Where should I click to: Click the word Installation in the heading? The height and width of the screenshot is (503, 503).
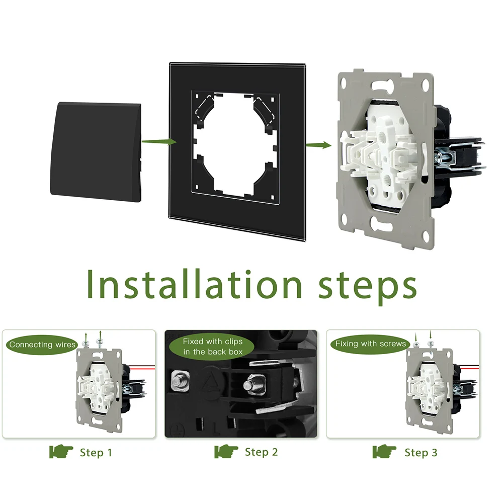(x=194, y=284)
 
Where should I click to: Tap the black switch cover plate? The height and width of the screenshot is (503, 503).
(x=96, y=152)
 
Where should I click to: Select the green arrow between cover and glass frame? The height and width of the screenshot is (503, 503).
(x=159, y=142)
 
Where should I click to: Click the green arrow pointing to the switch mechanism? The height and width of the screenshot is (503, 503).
(x=318, y=145)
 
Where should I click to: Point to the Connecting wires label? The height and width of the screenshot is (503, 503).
(x=42, y=345)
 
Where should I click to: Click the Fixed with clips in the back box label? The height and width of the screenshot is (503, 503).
(x=213, y=347)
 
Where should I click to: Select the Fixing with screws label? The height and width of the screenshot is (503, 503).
(x=371, y=344)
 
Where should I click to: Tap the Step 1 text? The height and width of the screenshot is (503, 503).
(x=96, y=453)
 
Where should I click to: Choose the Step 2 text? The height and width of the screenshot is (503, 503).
(x=261, y=452)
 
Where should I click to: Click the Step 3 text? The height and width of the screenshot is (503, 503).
(x=421, y=453)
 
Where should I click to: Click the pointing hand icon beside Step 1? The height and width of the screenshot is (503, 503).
(x=61, y=452)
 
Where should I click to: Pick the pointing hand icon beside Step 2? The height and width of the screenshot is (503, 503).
(x=226, y=451)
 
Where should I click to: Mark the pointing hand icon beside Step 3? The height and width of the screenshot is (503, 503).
(x=384, y=452)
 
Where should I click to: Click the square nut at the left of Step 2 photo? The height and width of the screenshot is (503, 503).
(x=180, y=381)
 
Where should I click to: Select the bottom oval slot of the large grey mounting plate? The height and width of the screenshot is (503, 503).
(x=382, y=223)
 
